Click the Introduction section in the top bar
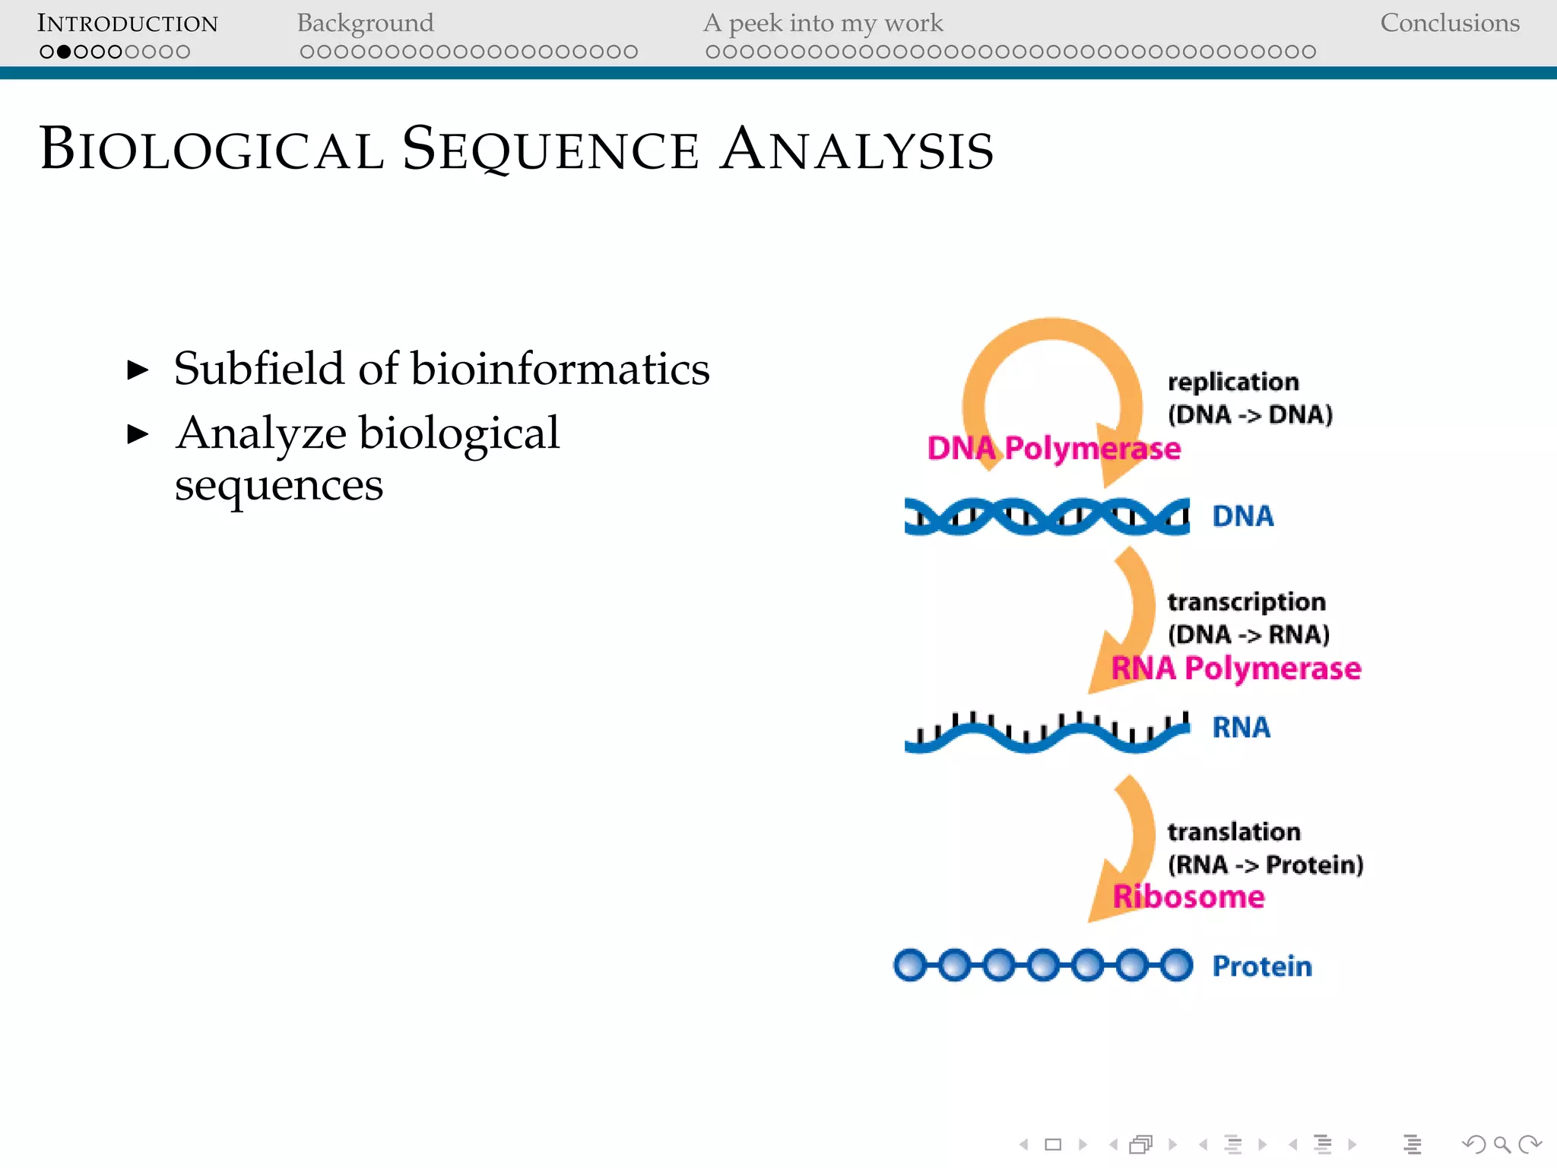coord(127,24)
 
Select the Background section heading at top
coord(365,24)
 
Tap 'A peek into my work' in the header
coord(823,24)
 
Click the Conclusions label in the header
coord(1449,24)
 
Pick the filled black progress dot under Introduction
coord(64,52)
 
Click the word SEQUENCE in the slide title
coord(550,149)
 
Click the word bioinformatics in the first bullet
coord(560,369)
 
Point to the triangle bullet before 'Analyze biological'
coord(138,434)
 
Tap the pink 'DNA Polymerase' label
coord(1054,449)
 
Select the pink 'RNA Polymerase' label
coord(1235,668)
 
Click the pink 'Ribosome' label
coord(1188,897)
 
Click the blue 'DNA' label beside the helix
coord(1242,516)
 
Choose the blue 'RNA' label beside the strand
coord(1241,728)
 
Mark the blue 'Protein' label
coord(1261,966)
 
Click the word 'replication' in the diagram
coord(1232,382)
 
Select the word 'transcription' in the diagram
coord(1246,601)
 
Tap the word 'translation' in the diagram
coord(1233,832)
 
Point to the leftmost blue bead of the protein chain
coord(910,965)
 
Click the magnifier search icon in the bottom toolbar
coord(1502,1144)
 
